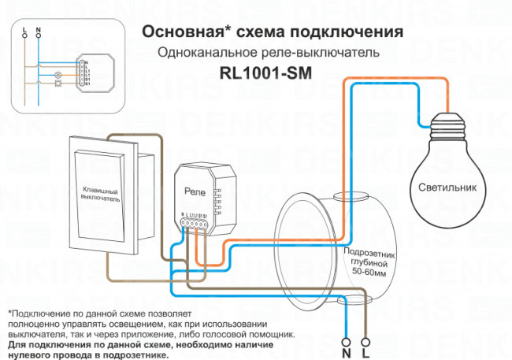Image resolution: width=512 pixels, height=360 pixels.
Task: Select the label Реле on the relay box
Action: pos(195,191)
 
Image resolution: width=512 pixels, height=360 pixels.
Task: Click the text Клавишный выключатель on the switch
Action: pos(100,195)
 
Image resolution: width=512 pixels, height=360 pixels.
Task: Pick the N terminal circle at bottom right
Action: pos(347,342)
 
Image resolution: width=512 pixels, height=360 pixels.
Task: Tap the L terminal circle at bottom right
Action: pos(365,342)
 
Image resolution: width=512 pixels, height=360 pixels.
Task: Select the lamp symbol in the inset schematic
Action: pos(56,77)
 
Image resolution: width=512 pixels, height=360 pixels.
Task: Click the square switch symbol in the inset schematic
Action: pos(56,89)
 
